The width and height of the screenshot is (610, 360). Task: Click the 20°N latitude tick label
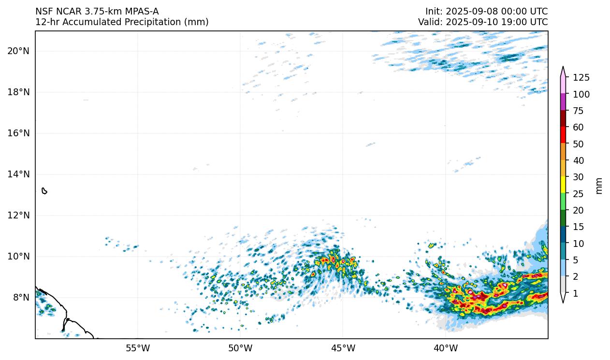click(18, 51)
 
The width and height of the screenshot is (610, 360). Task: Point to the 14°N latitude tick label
click(18, 174)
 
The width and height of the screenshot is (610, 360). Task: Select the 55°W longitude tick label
click(138, 348)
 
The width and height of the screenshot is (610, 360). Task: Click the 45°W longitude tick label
click(343, 348)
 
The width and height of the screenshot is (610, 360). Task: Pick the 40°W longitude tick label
click(445, 348)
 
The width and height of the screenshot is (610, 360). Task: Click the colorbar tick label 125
click(581, 77)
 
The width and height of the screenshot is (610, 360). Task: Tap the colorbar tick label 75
click(579, 111)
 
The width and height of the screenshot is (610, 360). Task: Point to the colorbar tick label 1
click(576, 293)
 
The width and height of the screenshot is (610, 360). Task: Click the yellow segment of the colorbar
click(563, 185)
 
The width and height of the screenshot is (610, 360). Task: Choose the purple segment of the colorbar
click(563, 102)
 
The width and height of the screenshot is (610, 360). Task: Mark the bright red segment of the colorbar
click(563, 135)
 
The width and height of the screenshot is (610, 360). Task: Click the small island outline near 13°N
click(44, 191)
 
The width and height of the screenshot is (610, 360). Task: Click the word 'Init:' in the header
click(434, 11)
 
